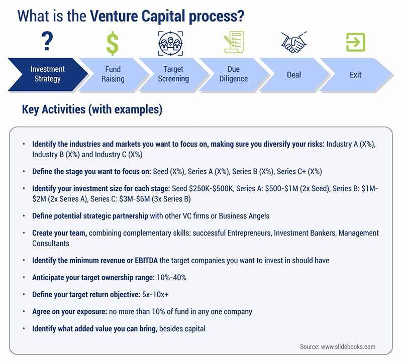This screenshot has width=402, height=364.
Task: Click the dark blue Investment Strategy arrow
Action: [x=48, y=74]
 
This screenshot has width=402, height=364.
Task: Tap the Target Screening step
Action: [x=173, y=74]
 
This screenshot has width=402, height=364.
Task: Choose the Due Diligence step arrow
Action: [x=234, y=74]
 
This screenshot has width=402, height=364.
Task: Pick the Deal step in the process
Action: [x=294, y=74]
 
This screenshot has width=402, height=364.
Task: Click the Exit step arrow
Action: [x=356, y=74]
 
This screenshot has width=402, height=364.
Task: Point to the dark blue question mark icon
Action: [x=47, y=41]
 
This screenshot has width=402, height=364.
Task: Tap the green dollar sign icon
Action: [x=113, y=43]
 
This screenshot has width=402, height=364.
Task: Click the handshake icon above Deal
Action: [x=294, y=42]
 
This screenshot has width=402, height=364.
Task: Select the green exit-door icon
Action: [x=356, y=42]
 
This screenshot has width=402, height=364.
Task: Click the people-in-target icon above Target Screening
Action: [x=170, y=43]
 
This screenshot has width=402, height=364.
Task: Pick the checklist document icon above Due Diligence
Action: [x=234, y=42]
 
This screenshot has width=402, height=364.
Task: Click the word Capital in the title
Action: [x=163, y=16]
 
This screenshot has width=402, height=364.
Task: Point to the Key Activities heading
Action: [x=92, y=109]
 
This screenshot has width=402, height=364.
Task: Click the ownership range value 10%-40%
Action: [x=171, y=278]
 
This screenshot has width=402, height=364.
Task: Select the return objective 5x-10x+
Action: [x=155, y=295]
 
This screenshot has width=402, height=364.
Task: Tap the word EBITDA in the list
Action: [x=146, y=261]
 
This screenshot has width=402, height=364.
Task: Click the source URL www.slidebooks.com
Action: [x=348, y=347]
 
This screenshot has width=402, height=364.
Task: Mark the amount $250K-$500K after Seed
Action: [x=211, y=189]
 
